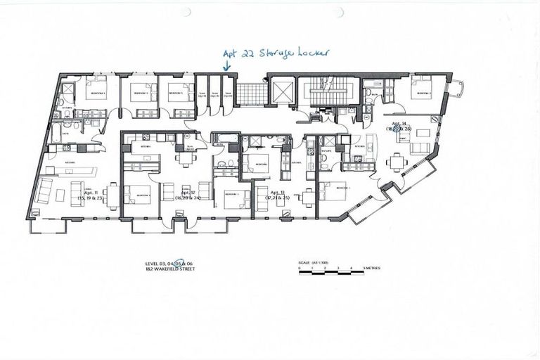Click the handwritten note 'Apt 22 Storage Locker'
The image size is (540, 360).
[276, 53]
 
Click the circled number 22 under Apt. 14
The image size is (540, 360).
[405, 130]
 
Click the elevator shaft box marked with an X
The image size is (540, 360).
[281, 91]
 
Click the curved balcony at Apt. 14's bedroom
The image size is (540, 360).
[456, 89]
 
